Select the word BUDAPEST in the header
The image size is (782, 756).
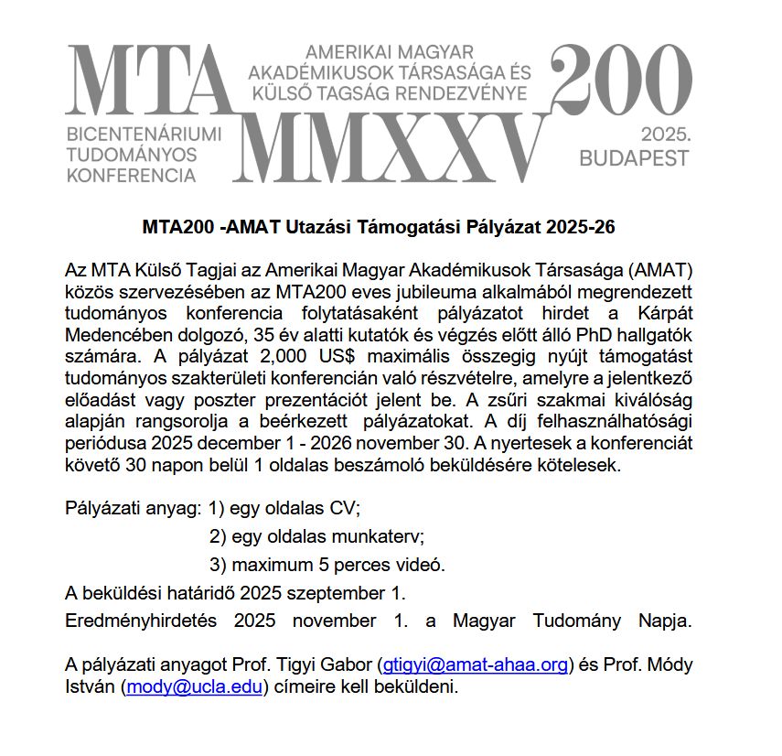(x=634, y=158)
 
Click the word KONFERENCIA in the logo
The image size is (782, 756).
(x=132, y=174)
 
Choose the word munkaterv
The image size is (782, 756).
(x=379, y=535)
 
